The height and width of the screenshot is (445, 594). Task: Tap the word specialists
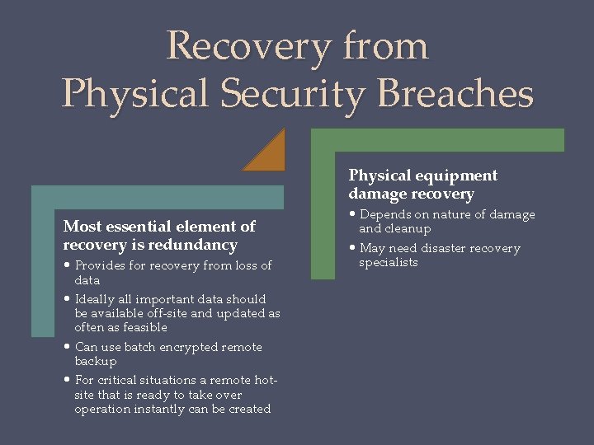point(389,262)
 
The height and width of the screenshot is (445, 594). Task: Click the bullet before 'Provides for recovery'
point(67,265)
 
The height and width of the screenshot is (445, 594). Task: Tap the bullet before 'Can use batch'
point(67,347)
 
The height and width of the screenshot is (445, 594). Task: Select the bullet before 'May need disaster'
point(352,248)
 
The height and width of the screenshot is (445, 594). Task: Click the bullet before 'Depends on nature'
point(352,214)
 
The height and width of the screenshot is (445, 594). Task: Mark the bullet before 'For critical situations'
point(67,380)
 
